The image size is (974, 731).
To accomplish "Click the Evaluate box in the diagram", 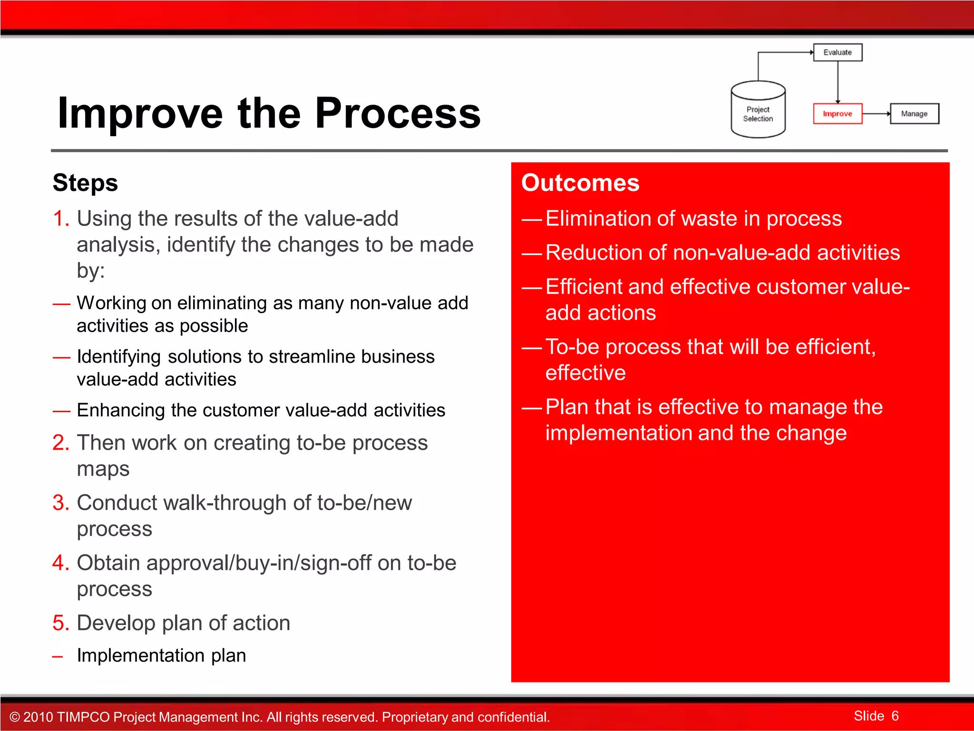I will [838, 52].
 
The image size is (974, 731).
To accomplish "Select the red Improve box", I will [838, 114].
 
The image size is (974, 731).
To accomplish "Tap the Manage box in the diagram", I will [914, 114].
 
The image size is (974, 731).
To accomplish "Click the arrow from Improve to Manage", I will [876, 114].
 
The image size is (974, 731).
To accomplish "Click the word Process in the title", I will [398, 113].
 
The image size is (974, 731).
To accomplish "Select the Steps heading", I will [85, 183].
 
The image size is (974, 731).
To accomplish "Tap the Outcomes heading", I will [580, 183].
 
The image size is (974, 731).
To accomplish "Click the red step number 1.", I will [60, 219].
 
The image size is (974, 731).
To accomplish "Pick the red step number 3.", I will [61, 503].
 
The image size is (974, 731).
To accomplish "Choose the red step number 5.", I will [61, 623].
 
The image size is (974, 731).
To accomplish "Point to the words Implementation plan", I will [161, 655].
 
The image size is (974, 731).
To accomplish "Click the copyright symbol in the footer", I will [15, 717].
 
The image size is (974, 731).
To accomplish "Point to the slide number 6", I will [895, 716].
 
